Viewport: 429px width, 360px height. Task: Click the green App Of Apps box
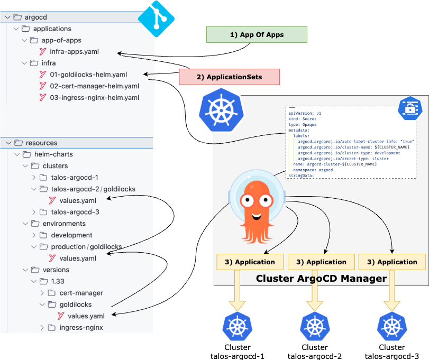coord(257,35)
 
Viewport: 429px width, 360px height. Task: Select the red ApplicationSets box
coord(229,77)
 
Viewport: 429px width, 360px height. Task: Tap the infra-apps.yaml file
coord(74,52)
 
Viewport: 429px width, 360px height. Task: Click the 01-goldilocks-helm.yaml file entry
coord(88,75)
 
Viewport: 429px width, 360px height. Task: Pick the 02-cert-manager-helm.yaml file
coord(94,86)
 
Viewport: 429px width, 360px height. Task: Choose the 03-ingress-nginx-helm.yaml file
coord(95,98)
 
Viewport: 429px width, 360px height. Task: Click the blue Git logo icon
coord(156,19)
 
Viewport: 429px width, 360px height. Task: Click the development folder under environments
coord(71,235)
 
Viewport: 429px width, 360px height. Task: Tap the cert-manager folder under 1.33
coord(81,293)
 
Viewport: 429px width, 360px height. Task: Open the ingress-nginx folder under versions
coord(81,328)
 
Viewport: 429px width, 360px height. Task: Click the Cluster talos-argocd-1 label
coord(237,352)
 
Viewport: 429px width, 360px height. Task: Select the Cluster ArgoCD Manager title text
coord(321,278)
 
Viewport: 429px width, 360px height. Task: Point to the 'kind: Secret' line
coord(303,119)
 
